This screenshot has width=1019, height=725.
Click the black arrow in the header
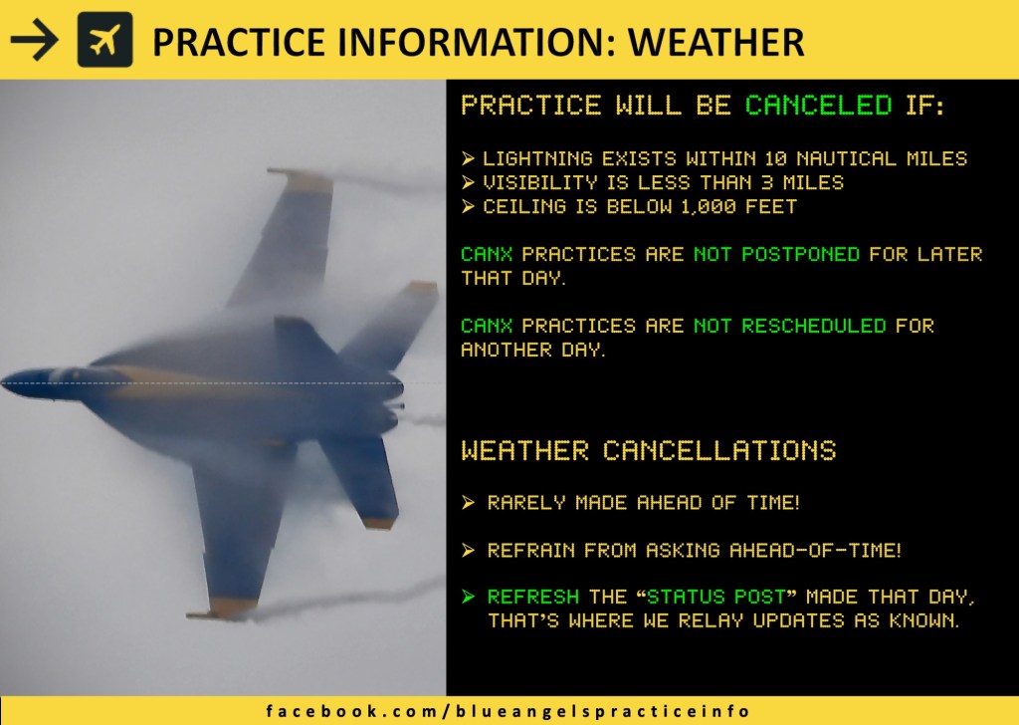tap(35, 40)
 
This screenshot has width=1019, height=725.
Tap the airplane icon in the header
tap(104, 40)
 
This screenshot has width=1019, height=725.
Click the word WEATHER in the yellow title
tap(716, 42)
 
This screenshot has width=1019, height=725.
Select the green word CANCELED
tap(819, 105)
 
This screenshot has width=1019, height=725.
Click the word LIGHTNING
tap(537, 158)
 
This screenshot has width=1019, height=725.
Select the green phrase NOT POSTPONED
tap(776, 254)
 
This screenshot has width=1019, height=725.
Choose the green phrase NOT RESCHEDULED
tap(790, 325)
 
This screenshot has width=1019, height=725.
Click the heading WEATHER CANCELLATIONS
tap(649, 450)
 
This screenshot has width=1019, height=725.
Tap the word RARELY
tap(526, 503)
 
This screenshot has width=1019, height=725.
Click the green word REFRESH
tap(533, 597)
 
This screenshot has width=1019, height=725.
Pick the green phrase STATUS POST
tap(716, 597)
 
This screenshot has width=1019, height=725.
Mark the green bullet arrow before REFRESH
tap(468, 597)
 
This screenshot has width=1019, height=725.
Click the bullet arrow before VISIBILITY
tap(468, 182)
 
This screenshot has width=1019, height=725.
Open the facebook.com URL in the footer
tap(508, 711)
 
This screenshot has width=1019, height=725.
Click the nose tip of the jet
tap(3, 382)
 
